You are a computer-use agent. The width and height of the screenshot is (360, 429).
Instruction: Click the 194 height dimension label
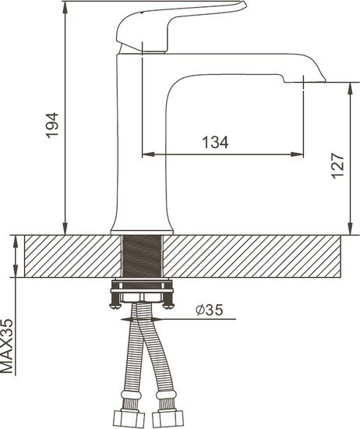pos(52,125)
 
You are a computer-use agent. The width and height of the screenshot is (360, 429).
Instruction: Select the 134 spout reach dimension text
pos(215,142)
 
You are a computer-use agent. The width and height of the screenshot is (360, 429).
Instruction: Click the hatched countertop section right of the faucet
pos(257,256)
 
